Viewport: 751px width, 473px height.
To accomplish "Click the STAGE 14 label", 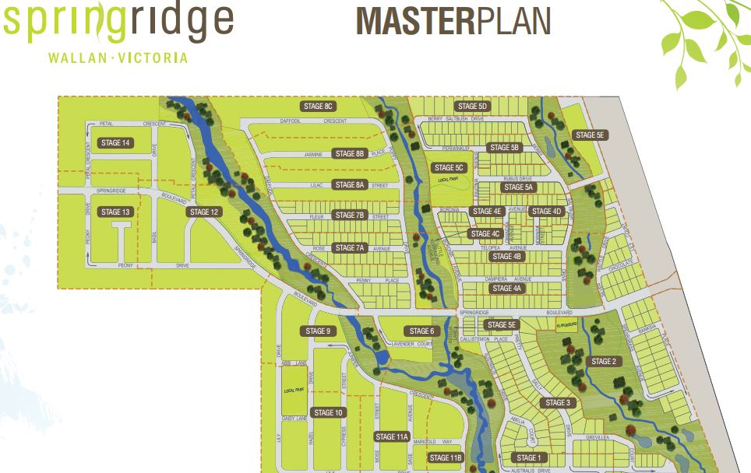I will click(x=115, y=142).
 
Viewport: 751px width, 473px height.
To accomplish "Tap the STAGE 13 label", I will click(x=115, y=212).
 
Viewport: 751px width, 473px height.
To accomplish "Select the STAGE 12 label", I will click(x=204, y=212).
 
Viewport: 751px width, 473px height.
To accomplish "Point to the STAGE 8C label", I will click(x=317, y=106).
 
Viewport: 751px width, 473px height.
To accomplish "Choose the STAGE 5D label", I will click(x=472, y=106).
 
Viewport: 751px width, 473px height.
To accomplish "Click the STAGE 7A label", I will click(x=349, y=248).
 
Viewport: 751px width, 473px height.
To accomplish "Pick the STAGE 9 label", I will click(x=317, y=331).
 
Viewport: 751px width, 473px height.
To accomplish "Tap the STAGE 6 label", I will click(x=421, y=331).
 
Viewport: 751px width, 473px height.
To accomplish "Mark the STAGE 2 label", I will click(x=603, y=361).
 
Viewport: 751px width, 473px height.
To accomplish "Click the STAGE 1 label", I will click(x=527, y=457).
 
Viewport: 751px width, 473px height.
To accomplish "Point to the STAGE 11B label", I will click(x=446, y=457).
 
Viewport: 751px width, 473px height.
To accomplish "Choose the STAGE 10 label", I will click(x=328, y=412).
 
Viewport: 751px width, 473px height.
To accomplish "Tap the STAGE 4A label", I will click(x=507, y=288).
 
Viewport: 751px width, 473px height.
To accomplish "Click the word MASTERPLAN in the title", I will click(x=453, y=21).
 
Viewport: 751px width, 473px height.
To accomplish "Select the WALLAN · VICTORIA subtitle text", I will click(x=118, y=58).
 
